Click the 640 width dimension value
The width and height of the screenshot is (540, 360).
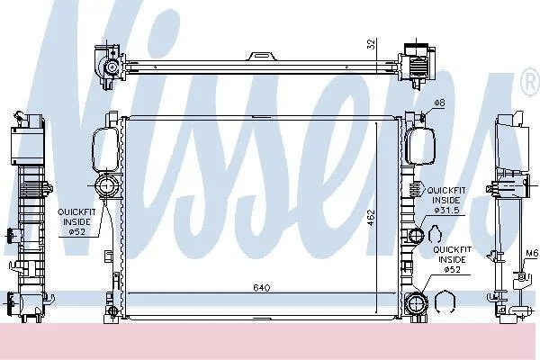pyautogui.click(x=261, y=287)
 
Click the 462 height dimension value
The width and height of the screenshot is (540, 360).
pyautogui.click(x=371, y=218)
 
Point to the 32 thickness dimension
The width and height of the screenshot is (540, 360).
pyautogui.click(x=371, y=44)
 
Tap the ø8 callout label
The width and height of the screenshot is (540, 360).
pyautogui.click(x=439, y=103)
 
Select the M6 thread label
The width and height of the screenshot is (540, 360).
pyautogui.click(x=532, y=254)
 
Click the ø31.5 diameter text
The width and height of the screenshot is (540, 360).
pyautogui.click(x=446, y=210)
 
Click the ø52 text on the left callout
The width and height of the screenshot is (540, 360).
pyautogui.click(x=76, y=231)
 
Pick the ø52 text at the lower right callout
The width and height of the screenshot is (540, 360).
pyautogui.click(x=452, y=269)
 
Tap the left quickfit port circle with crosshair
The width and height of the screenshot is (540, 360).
pyautogui.click(x=105, y=186)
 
